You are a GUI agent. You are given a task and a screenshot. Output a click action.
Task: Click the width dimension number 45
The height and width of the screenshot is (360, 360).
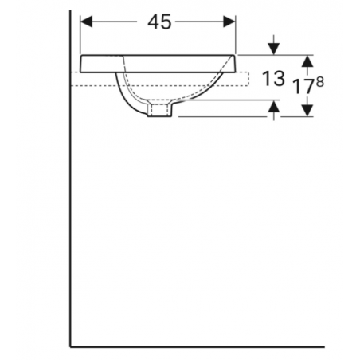[159, 22]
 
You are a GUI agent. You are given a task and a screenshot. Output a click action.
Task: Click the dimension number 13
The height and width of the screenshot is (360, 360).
[273, 80]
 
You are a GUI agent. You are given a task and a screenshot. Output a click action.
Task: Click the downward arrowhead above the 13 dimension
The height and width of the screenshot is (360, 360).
[273, 49]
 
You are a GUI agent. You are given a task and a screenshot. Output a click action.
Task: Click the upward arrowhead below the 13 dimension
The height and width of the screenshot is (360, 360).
[273, 107]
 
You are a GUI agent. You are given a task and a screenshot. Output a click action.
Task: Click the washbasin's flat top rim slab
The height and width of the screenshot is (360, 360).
[159, 63]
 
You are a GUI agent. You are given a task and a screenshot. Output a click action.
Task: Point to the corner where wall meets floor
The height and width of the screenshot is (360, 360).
[71, 347]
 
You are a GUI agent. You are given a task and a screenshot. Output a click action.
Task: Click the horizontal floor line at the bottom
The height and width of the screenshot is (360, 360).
[199, 347]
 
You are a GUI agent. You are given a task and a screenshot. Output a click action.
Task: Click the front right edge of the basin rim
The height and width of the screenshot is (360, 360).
[237, 63]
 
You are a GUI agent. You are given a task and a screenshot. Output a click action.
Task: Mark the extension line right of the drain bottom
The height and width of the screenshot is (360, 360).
[223, 116]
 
